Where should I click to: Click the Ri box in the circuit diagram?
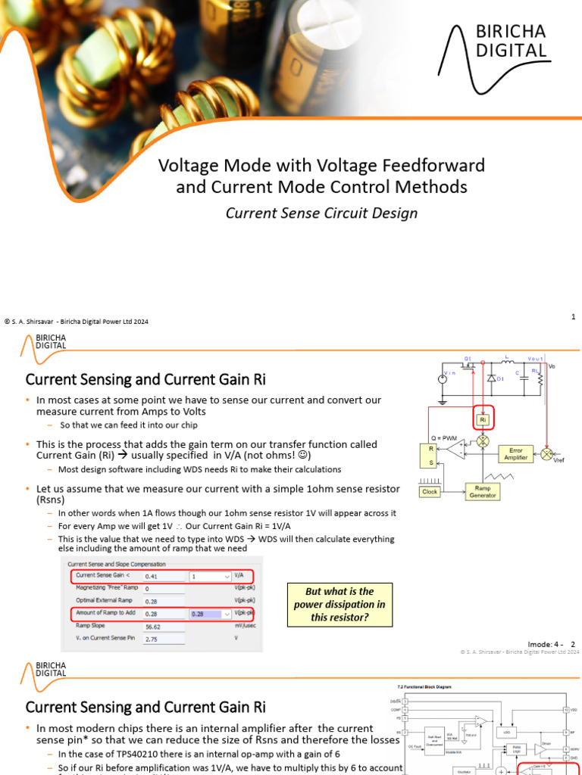tap(482, 419)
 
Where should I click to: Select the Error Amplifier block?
tap(515, 454)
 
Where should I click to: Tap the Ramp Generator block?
tap(482, 491)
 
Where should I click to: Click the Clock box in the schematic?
tap(430, 491)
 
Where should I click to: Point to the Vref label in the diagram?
tap(559, 460)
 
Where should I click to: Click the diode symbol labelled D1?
tap(491, 378)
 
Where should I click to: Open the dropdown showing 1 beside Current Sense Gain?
tap(210, 576)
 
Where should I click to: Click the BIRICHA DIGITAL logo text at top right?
tap(510, 41)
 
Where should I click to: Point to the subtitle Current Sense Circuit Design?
tap(321, 213)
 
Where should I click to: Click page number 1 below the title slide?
tap(574, 317)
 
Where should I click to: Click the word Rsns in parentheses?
tap(52, 500)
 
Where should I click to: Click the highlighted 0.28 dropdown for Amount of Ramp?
tap(210, 614)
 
